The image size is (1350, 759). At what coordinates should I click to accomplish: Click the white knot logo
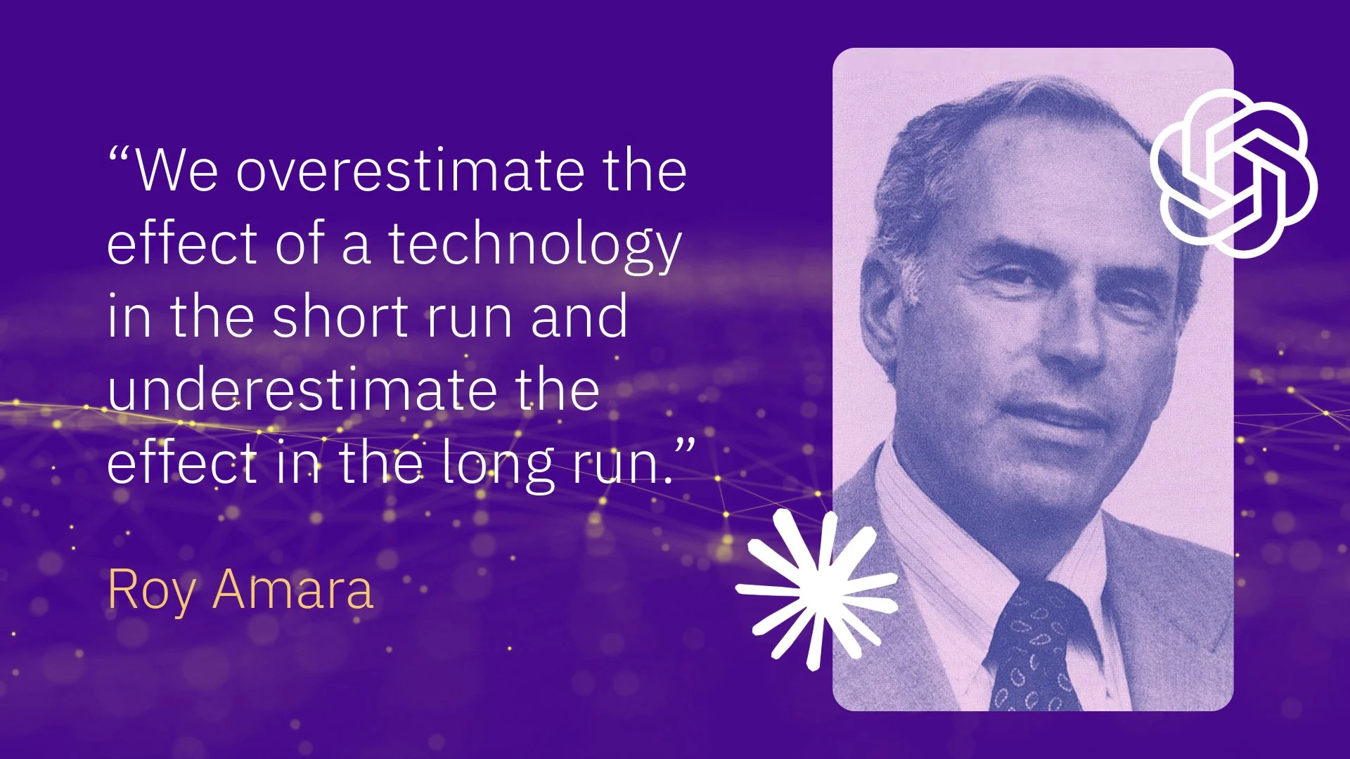pyautogui.click(x=1234, y=172)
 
